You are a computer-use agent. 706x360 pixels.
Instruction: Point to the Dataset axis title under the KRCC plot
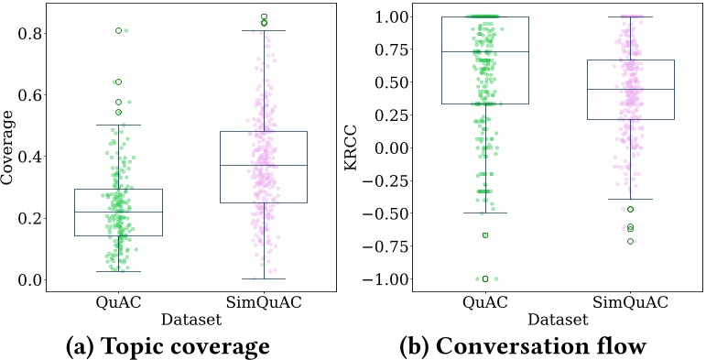pos(557,320)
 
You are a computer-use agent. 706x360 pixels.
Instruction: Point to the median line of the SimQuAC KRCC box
pos(629,90)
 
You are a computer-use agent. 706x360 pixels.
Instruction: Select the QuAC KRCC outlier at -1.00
pos(485,278)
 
